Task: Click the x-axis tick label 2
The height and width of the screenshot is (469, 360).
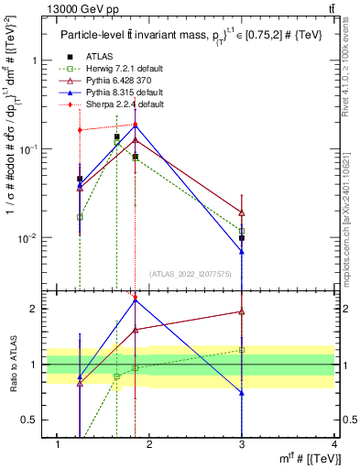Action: coord(149,445)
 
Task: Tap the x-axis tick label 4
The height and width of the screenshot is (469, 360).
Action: coord(334,445)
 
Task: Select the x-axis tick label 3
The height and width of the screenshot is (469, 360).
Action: coord(242,445)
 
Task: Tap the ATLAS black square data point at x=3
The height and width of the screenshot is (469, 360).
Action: coord(242,238)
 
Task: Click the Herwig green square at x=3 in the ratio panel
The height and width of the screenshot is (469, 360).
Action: coord(242,350)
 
